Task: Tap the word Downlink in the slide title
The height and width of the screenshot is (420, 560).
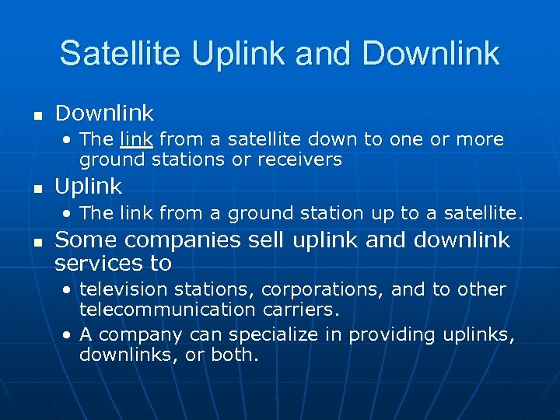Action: [x=431, y=53]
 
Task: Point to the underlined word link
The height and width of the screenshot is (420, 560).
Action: [x=136, y=140]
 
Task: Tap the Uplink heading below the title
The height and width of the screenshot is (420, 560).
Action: [x=89, y=187]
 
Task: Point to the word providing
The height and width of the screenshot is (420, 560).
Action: [x=385, y=335]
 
